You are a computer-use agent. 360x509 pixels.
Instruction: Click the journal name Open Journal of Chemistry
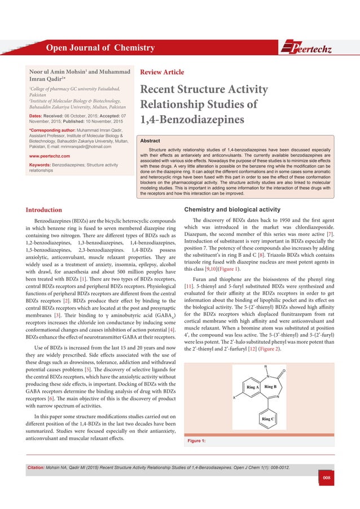(x=100, y=48)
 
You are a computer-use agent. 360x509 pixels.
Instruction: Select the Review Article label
(x=162, y=72)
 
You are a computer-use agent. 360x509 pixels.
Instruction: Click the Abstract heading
(x=150, y=141)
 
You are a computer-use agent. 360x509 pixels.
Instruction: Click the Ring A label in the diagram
(x=252, y=387)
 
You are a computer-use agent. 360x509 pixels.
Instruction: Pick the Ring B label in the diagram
(x=271, y=387)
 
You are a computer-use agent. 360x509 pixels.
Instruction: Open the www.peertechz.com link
(x=50, y=156)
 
